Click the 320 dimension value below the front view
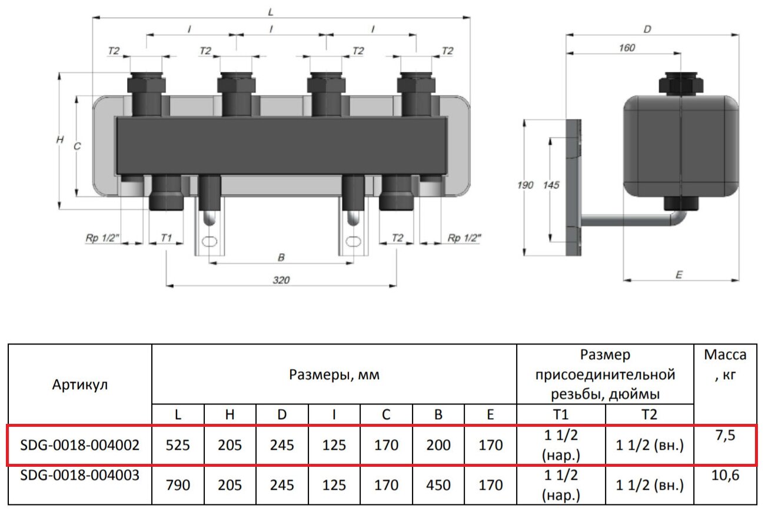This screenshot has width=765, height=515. (x=281, y=280)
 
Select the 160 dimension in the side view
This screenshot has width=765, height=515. (x=627, y=48)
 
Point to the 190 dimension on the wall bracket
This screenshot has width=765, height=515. (x=525, y=185)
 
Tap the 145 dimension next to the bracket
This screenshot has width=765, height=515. (x=551, y=185)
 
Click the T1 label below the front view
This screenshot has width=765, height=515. (x=167, y=238)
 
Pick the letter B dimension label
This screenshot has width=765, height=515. (x=281, y=257)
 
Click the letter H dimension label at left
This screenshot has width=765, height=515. (x=60, y=139)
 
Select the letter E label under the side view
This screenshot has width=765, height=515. (x=679, y=275)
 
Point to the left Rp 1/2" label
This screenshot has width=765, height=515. (x=102, y=238)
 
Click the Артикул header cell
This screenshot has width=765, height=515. (x=80, y=384)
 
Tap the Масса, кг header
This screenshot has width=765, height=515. (x=725, y=365)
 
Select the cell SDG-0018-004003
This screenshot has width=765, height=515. (x=80, y=475)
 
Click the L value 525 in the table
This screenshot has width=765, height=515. (x=178, y=445)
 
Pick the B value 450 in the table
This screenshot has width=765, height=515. (x=438, y=485)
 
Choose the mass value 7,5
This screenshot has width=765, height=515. (x=725, y=436)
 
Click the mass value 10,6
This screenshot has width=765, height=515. (x=725, y=475)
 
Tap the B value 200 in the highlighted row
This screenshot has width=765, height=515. (x=438, y=445)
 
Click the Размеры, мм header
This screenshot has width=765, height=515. (x=334, y=374)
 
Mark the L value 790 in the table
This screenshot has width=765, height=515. (x=178, y=485)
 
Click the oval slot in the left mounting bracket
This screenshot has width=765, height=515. (x=209, y=242)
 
